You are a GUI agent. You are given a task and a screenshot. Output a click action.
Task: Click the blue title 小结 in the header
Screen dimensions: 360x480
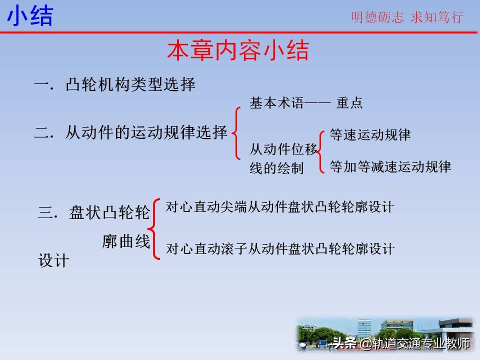(x=30, y=16)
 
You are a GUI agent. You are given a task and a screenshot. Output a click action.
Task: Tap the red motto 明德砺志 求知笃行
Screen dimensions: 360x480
(x=407, y=17)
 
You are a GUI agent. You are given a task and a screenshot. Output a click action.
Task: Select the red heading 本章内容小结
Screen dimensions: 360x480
(x=238, y=51)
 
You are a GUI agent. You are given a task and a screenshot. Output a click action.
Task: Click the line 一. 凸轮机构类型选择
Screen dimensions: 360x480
(x=114, y=84)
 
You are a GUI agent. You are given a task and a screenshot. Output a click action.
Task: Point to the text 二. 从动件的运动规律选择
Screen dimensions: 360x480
(x=131, y=133)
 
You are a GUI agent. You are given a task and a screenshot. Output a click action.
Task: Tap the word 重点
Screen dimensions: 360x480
(x=349, y=103)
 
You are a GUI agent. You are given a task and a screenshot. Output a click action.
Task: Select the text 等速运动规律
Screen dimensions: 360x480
(x=370, y=135)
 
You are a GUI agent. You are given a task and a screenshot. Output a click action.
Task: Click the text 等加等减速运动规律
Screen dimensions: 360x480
(x=390, y=166)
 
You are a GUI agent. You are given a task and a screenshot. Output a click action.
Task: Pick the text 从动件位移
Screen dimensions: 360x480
(x=283, y=149)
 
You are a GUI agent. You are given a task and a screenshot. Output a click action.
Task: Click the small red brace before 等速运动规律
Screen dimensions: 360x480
(x=323, y=150)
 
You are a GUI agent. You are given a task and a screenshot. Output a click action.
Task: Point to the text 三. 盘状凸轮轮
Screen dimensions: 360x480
(x=94, y=213)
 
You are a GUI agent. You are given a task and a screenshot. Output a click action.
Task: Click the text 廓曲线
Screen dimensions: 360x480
(x=126, y=242)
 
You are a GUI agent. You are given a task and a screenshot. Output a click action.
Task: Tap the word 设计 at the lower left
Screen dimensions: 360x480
(x=53, y=261)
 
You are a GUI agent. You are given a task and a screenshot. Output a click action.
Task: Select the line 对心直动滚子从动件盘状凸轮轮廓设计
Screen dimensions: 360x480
(x=280, y=248)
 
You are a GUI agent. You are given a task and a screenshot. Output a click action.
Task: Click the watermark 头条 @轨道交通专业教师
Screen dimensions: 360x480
(x=400, y=343)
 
